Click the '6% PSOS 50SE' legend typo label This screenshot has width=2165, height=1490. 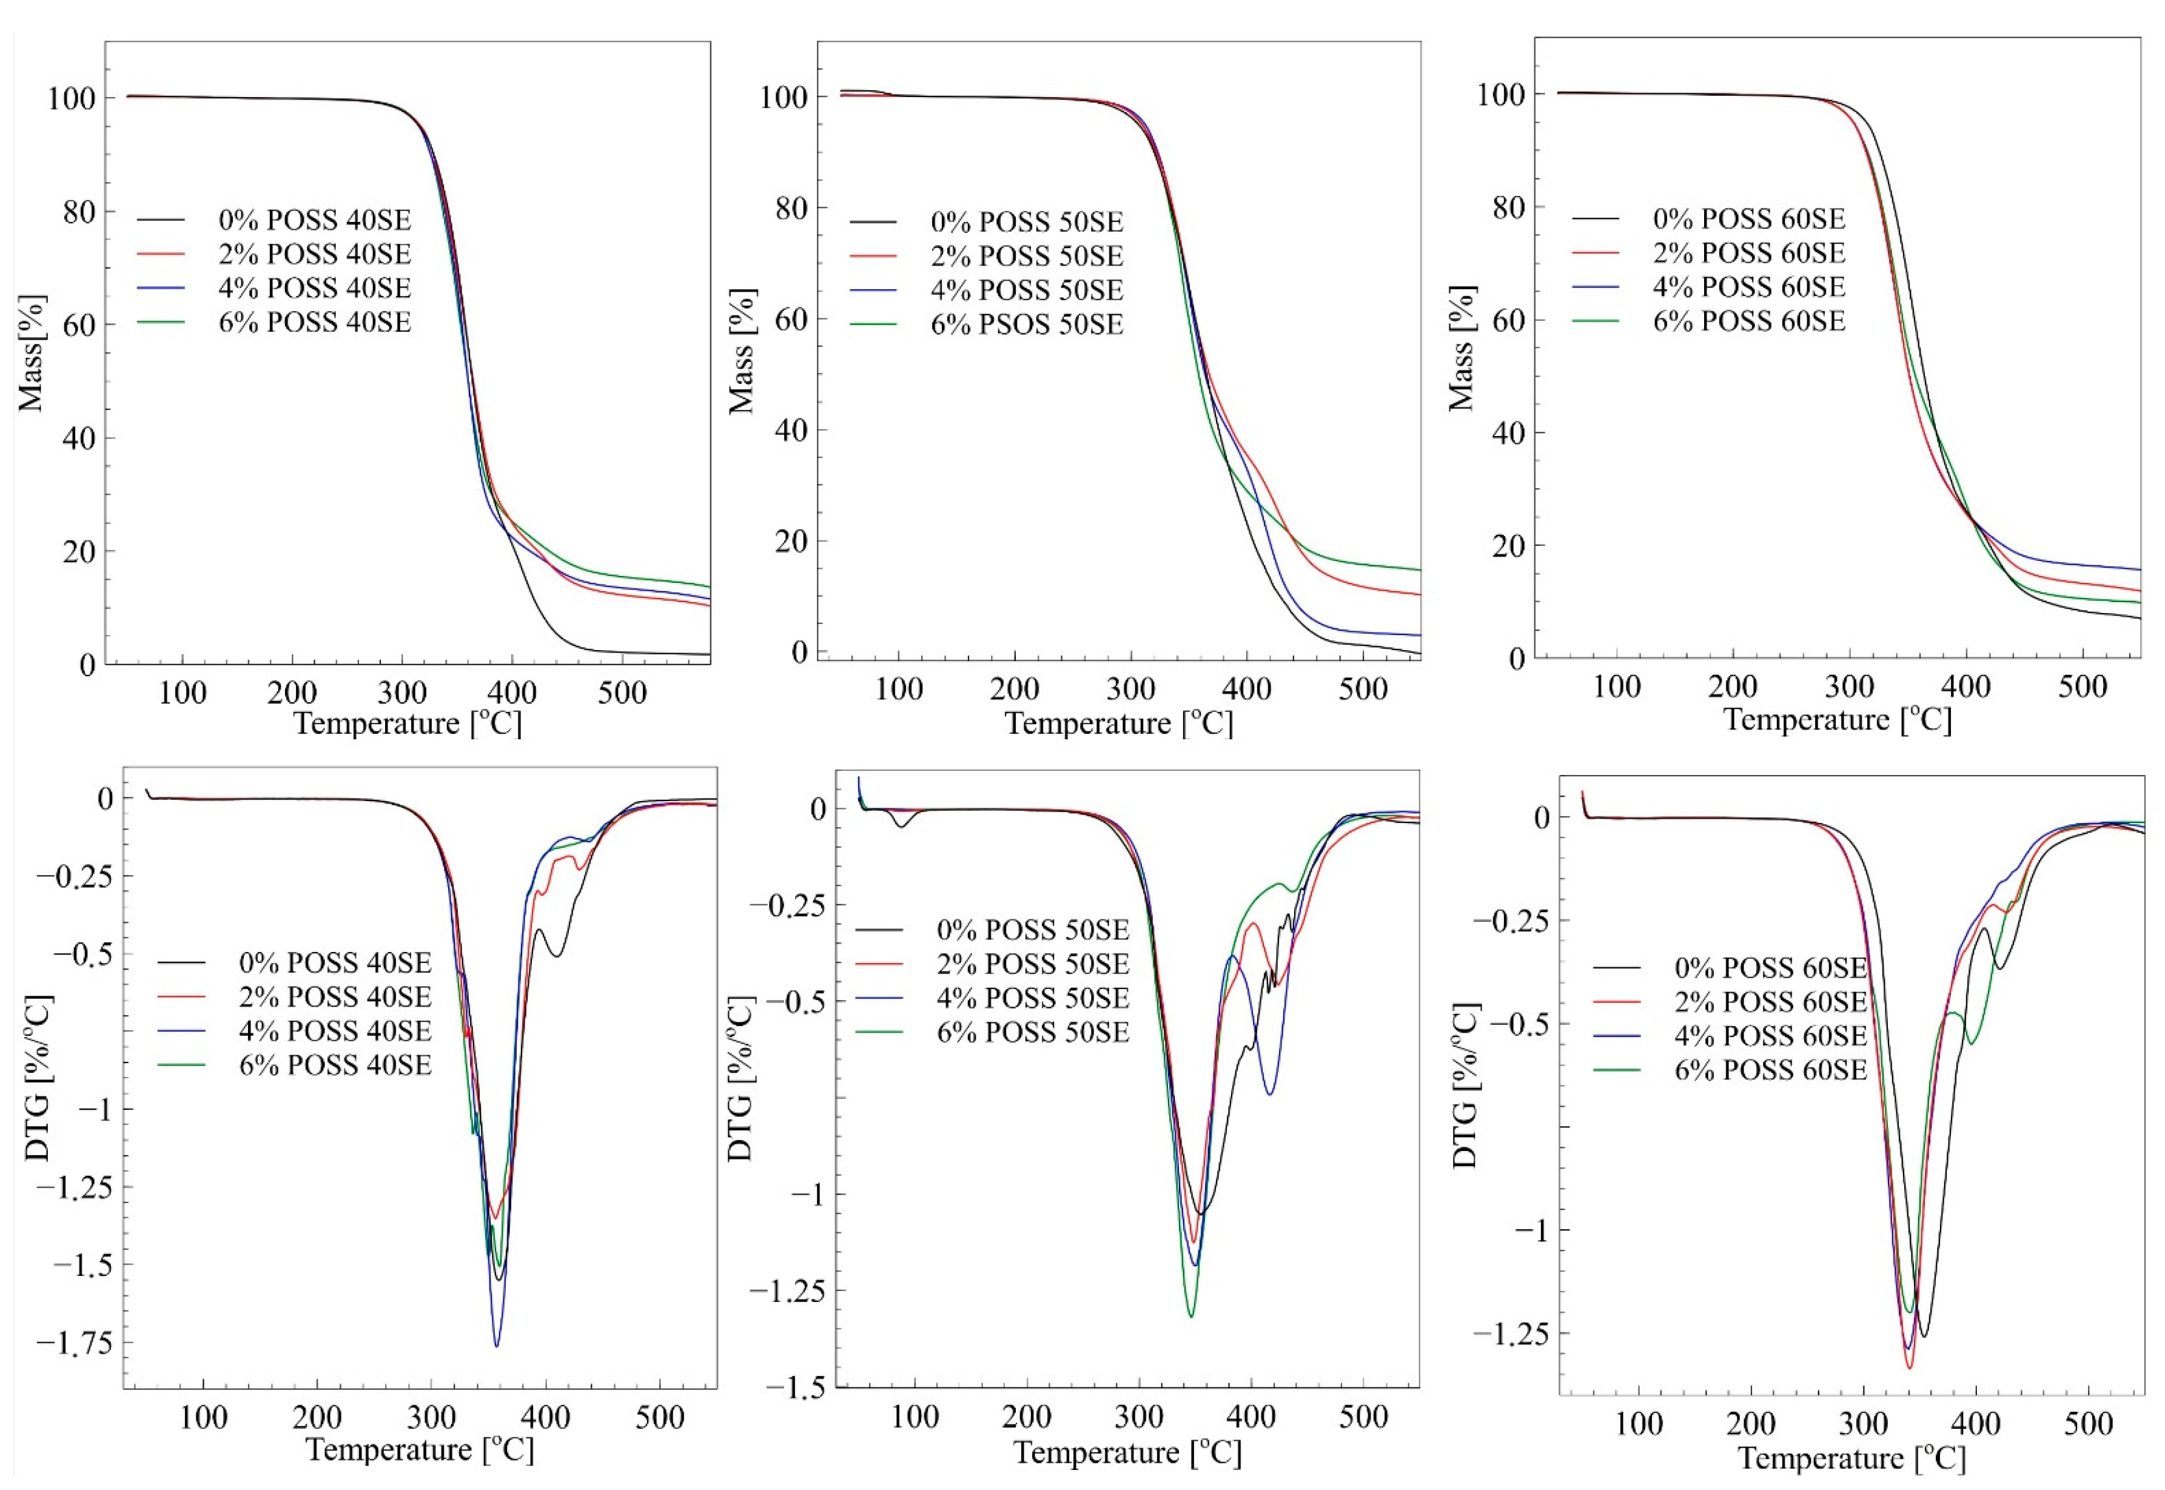(1026, 325)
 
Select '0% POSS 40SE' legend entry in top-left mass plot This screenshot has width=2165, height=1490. (315, 220)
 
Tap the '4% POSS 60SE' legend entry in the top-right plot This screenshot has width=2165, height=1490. (1748, 287)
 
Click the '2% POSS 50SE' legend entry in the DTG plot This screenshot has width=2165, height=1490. (1033, 964)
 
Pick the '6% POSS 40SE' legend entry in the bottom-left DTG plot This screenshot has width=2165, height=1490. (335, 1065)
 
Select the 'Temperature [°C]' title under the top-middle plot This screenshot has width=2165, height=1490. (1118, 723)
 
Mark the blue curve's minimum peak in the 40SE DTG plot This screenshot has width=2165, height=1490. (497, 1345)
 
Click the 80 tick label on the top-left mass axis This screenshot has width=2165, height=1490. (79, 212)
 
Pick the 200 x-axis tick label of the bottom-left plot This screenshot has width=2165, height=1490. (317, 1418)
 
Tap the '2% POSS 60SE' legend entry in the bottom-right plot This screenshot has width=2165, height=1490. (1770, 1002)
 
